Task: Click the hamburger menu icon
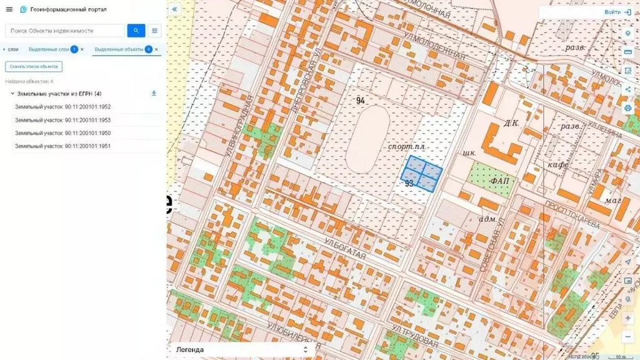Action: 9,9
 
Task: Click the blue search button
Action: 136,31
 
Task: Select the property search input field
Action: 66,31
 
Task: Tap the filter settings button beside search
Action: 154,31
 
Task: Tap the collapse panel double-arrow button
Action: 174,9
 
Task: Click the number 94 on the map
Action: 361,101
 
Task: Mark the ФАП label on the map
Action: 501,181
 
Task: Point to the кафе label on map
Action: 557,165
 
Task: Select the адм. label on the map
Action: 487,219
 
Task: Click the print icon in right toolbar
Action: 627,108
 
